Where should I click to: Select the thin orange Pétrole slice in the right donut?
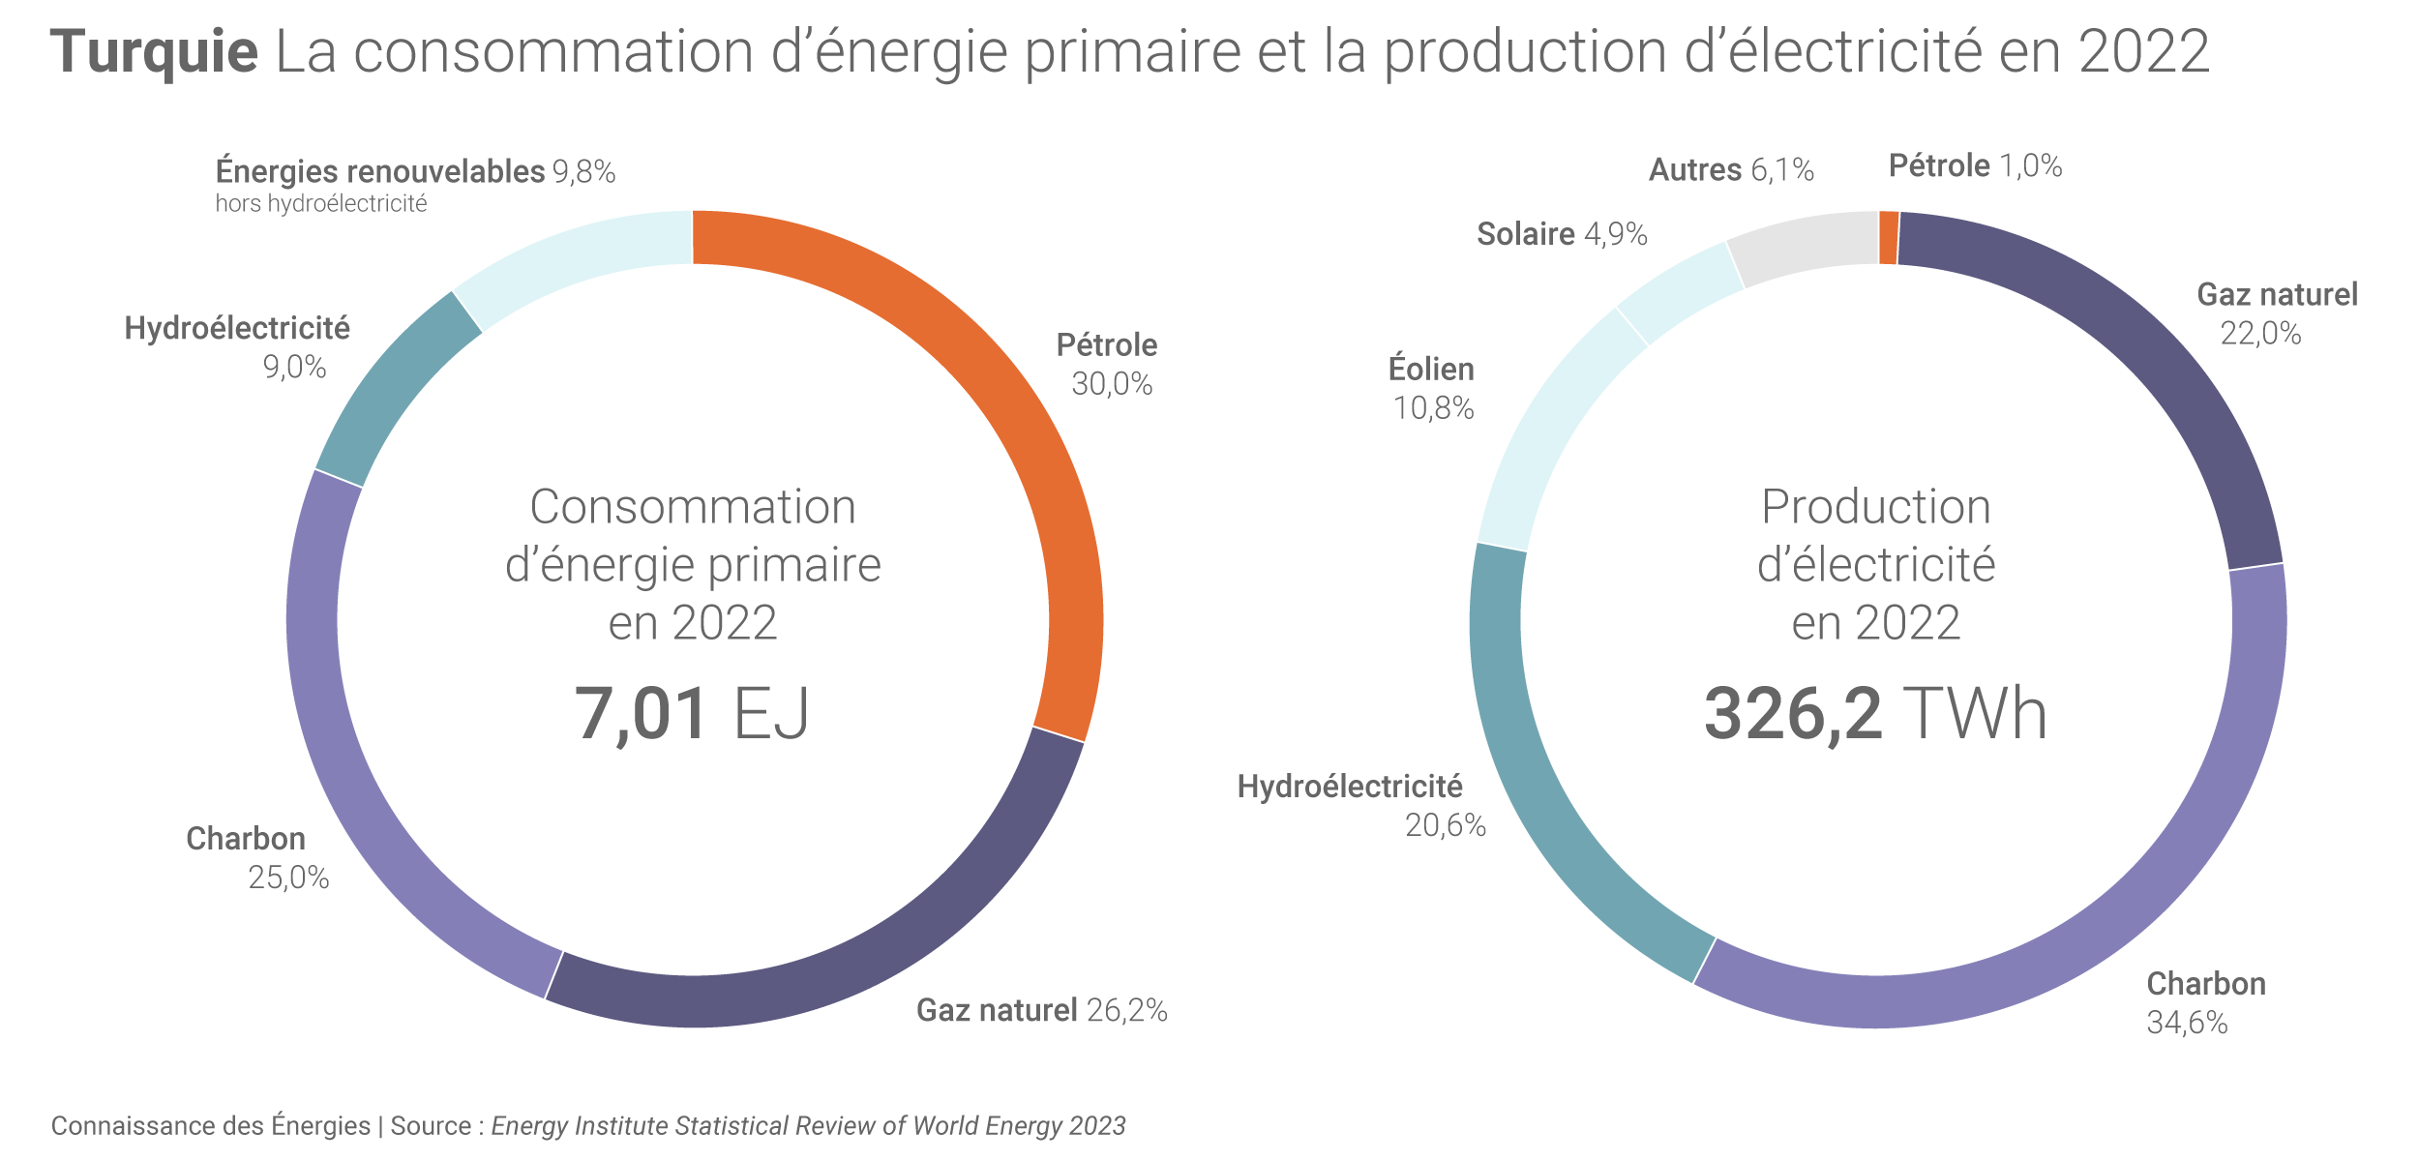point(1888,238)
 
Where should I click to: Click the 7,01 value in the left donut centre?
point(641,714)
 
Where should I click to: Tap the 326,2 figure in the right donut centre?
point(1792,714)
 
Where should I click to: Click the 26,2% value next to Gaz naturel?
point(1126,1010)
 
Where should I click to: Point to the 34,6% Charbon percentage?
point(2187,1023)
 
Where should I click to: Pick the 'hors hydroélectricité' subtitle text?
point(320,204)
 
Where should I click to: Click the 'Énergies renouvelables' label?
point(380,171)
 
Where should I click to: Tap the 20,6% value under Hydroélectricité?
point(1445,825)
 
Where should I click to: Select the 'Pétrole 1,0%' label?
point(1975,166)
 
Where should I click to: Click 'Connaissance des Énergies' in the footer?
point(210,1126)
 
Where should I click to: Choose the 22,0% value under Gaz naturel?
point(2260,334)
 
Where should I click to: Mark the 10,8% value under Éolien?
point(1433,408)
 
